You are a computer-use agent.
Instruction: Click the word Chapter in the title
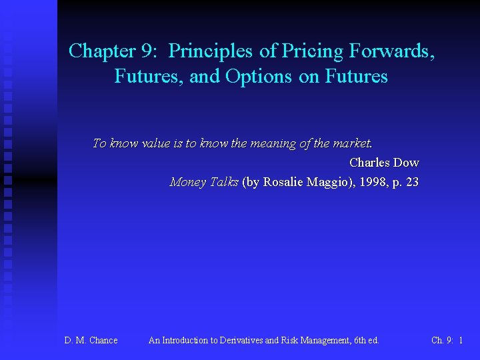click(95, 51)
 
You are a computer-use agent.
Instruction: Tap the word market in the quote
click(352, 143)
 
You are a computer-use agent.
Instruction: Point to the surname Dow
click(407, 163)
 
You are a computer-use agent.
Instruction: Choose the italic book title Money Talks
click(204, 182)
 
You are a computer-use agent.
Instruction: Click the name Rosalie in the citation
click(285, 182)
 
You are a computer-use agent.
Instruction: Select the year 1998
click(373, 182)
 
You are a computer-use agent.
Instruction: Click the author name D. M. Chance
click(91, 341)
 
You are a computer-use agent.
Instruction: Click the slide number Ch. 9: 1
click(447, 341)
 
